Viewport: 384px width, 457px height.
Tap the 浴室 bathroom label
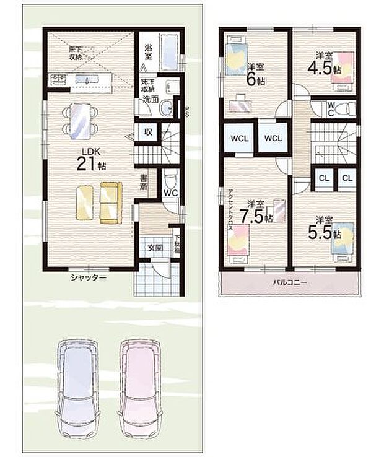coord(149,51)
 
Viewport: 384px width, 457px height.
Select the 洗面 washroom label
coord(149,98)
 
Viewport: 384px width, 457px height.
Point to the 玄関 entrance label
coord(154,248)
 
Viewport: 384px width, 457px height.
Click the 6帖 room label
coord(256,73)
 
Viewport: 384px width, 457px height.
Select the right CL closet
coord(346,178)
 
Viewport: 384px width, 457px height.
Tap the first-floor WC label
coord(171,193)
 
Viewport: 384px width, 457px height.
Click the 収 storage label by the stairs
coord(149,132)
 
